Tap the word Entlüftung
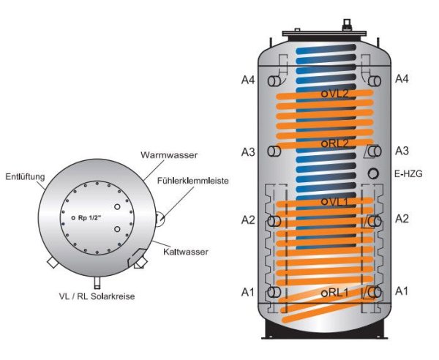pyautogui.click(x=26, y=177)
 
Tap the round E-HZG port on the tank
pyautogui.click(x=374, y=174)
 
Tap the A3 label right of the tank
pyautogui.click(x=402, y=151)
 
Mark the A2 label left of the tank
pyautogui.click(x=248, y=220)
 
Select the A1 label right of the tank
pyautogui.click(x=402, y=291)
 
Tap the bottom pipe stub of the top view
pyautogui.click(x=97, y=282)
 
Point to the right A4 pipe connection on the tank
pyautogui.click(x=375, y=80)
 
